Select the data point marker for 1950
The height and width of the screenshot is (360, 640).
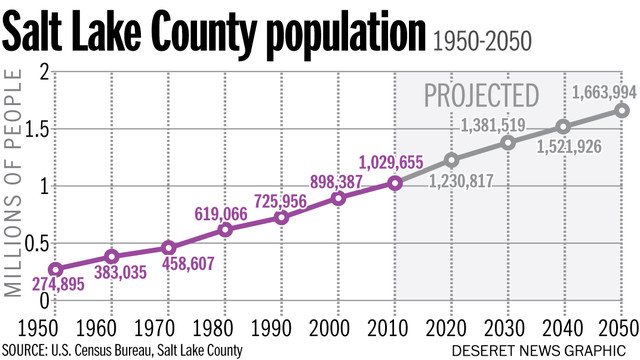coord(56,269)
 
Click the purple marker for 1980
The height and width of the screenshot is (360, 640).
coord(225,229)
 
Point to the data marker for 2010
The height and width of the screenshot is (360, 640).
coord(395,182)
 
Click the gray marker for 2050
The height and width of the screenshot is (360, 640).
coord(621,110)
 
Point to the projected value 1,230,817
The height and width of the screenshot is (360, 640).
coord(465,181)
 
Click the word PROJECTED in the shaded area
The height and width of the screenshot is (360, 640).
coord(480,96)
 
